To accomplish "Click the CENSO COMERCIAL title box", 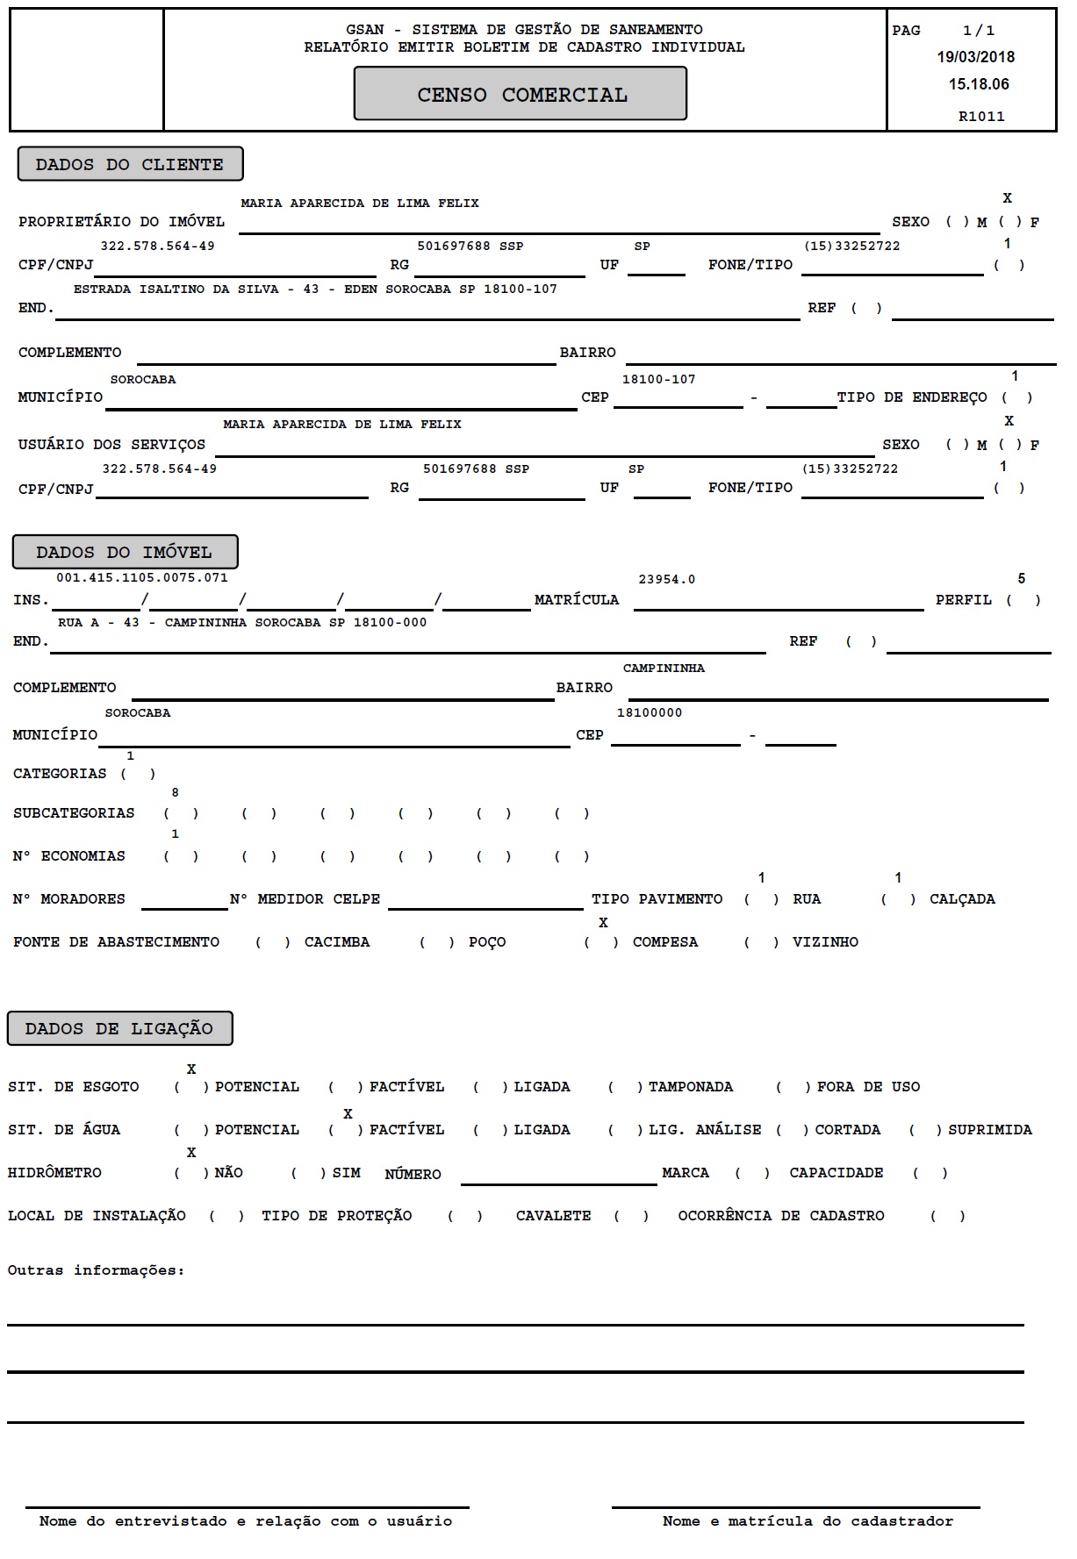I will tap(521, 94).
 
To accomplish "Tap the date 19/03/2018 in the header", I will tap(975, 57).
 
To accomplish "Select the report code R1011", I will tap(981, 116).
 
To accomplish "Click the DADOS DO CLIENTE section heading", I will tap(130, 164).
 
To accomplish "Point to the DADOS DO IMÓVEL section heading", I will tap(125, 552).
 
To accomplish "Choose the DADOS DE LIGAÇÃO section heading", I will tap(119, 1028).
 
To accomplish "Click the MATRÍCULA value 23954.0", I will tap(666, 579).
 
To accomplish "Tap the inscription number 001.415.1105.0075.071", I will tap(142, 577).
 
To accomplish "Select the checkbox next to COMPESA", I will tap(602, 942).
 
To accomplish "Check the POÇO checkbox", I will tap(437, 942).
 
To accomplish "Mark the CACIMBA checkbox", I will tap(273, 942).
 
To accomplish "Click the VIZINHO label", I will tap(825, 942).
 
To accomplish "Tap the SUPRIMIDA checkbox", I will tap(926, 1130).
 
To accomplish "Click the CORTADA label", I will tap(847, 1130).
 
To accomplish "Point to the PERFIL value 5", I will tap(1021, 579).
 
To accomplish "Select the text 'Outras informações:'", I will tap(97, 1270).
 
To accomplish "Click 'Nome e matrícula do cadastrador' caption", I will tap(808, 1521).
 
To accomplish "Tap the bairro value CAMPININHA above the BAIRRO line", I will tap(664, 669).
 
